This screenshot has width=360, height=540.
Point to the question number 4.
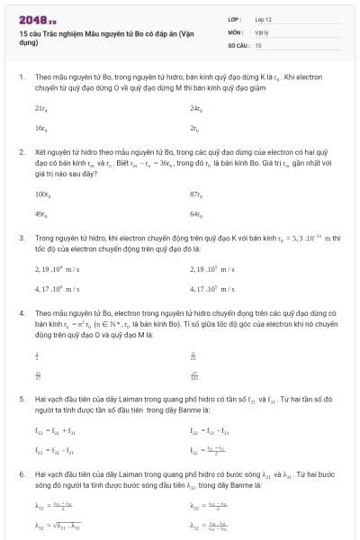21,311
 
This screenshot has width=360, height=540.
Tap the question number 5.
21,397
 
